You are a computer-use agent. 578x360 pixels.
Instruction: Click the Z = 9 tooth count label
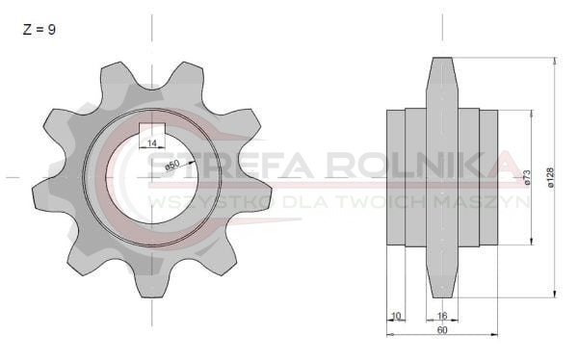(x=39, y=30)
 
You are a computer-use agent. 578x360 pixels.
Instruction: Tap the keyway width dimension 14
(x=152, y=143)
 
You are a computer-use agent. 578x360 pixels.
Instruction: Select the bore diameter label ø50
(x=172, y=165)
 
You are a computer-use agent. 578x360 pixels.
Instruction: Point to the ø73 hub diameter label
(x=527, y=177)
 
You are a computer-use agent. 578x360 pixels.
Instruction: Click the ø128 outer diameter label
(x=551, y=178)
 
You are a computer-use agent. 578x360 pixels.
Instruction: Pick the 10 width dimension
(x=396, y=316)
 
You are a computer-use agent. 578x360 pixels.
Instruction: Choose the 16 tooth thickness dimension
(x=442, y=316)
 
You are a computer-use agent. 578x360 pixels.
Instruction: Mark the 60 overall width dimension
(x=442, y=330)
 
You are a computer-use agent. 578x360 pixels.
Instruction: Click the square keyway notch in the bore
(x=152, y=129)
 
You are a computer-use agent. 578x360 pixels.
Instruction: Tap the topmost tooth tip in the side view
(x=442, y=59)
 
